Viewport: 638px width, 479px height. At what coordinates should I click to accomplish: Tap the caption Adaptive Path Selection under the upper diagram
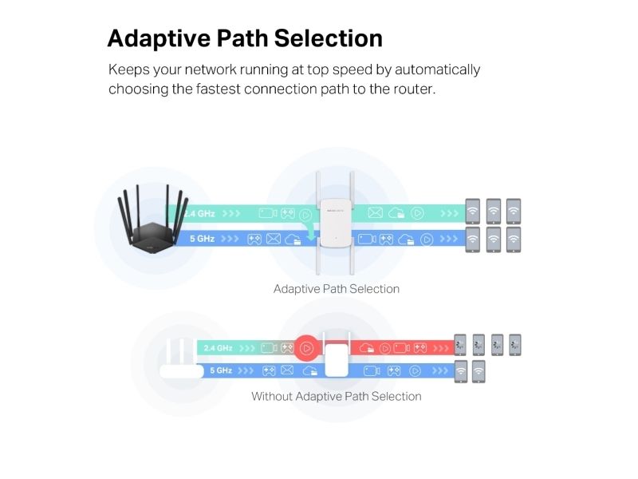tap(336, 288)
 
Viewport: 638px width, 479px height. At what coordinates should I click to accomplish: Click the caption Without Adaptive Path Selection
tap(336, 396)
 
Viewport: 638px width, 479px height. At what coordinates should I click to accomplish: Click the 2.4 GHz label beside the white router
tap(217, 348)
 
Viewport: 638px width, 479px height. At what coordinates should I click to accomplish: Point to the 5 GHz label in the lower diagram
tap(221, 370)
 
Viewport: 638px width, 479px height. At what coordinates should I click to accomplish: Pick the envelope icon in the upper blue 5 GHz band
tap(274, 238)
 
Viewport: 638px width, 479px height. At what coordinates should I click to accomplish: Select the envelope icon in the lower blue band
tap(288, 370)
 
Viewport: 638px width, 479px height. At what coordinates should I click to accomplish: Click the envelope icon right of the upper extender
tap(376, 212)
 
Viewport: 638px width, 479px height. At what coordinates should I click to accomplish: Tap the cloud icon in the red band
tap(368, 348)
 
